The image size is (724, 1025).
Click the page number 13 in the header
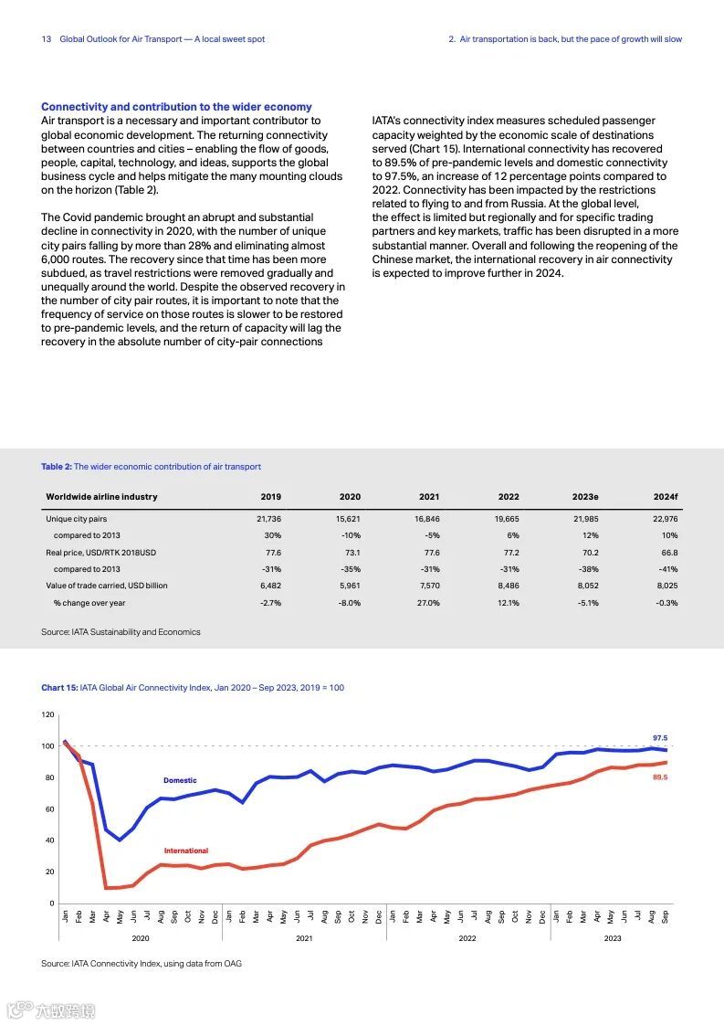click(x=46, y=39)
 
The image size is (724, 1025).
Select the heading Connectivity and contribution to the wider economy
click(x=176, y=107)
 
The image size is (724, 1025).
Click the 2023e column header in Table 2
click(x=585, y=497)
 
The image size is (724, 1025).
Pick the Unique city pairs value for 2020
click(x=350, y=519)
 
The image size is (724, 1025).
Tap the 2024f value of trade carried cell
click(x=666, y=586)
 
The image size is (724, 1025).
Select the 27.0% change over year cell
click(x=428, y=603)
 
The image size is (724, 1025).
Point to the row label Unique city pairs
click(x=77, y=519)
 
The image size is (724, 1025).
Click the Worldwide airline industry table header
click(x=101, y=497)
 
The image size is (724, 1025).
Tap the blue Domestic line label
click(x=180, y=780)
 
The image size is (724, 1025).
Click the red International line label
click(x=186, y=851)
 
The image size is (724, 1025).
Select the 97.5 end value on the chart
click(x=661, y=737)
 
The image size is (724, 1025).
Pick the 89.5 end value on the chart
click(x=661, y=777)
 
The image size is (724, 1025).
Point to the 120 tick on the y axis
click(x=48, y=714)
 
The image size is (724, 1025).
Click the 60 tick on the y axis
click(x=50, y=809)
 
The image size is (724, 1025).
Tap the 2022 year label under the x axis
click(x=467, y=938)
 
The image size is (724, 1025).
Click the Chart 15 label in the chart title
click(x=59, y=688)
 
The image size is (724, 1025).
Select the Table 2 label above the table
click(x=56, y=467)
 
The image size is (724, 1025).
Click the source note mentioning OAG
click(x=142, y=963)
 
